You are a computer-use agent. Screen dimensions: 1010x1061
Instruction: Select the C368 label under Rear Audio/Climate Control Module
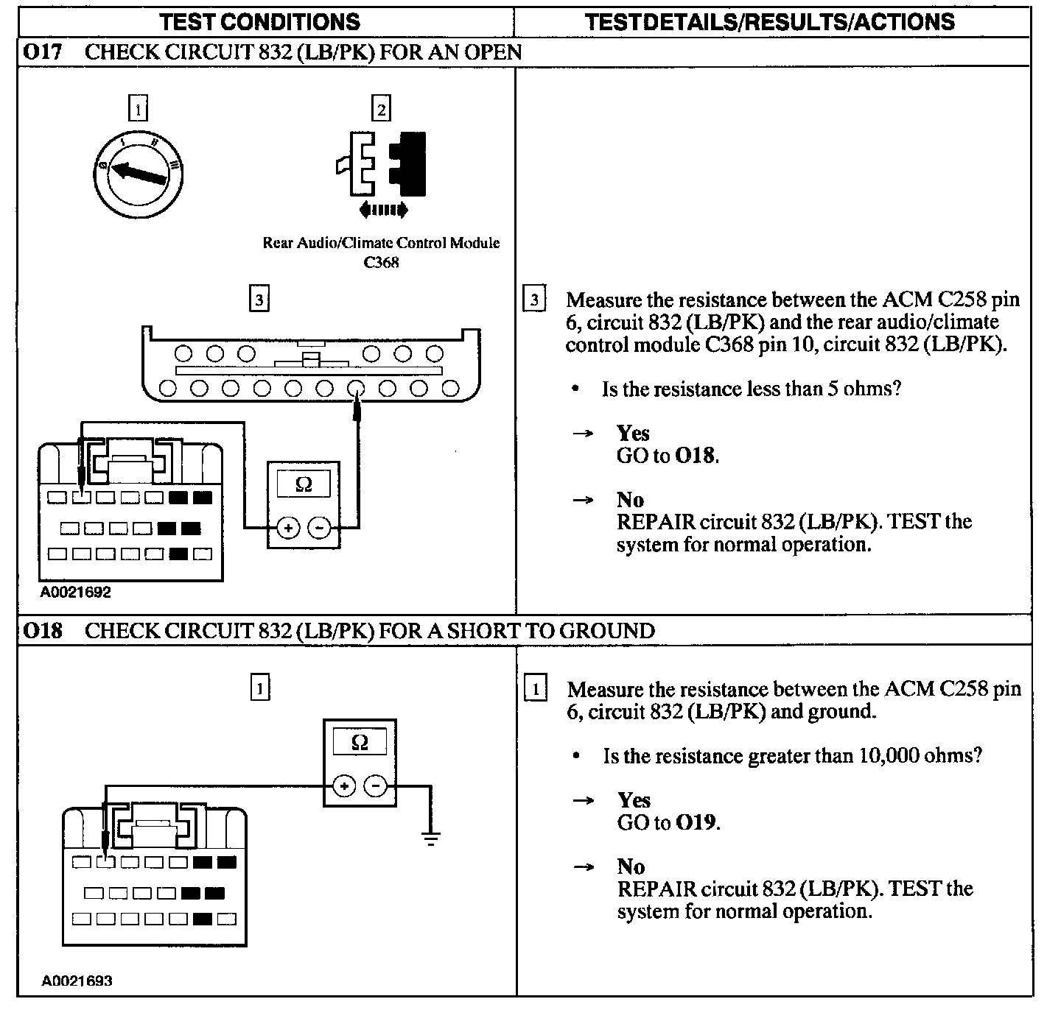point(381,263)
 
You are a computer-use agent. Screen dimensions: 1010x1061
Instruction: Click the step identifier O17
point(42,52)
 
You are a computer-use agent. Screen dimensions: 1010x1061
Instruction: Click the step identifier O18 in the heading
point(42,631)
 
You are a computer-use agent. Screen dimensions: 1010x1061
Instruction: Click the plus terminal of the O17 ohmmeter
point(287,528)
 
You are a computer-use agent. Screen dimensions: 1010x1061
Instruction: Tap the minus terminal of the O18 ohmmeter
point(376,786)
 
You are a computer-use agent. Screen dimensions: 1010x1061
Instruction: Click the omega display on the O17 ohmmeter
point(303,484)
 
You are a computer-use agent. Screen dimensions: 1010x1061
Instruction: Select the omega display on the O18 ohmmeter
point(360,742)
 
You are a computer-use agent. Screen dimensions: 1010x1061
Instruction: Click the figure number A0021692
point(76,592)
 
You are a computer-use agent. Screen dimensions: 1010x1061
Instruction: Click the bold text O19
point(696,822)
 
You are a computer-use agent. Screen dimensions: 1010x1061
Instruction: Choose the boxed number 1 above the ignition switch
point(138,109)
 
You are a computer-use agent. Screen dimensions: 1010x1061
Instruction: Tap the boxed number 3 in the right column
point(534,300)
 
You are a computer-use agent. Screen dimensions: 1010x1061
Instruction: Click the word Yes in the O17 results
point(632,433)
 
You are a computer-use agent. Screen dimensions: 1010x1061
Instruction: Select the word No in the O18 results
point(631,866)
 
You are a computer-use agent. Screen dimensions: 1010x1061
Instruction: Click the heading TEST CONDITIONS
point(260,21)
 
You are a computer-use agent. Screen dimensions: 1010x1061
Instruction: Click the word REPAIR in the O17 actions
point(656,522)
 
